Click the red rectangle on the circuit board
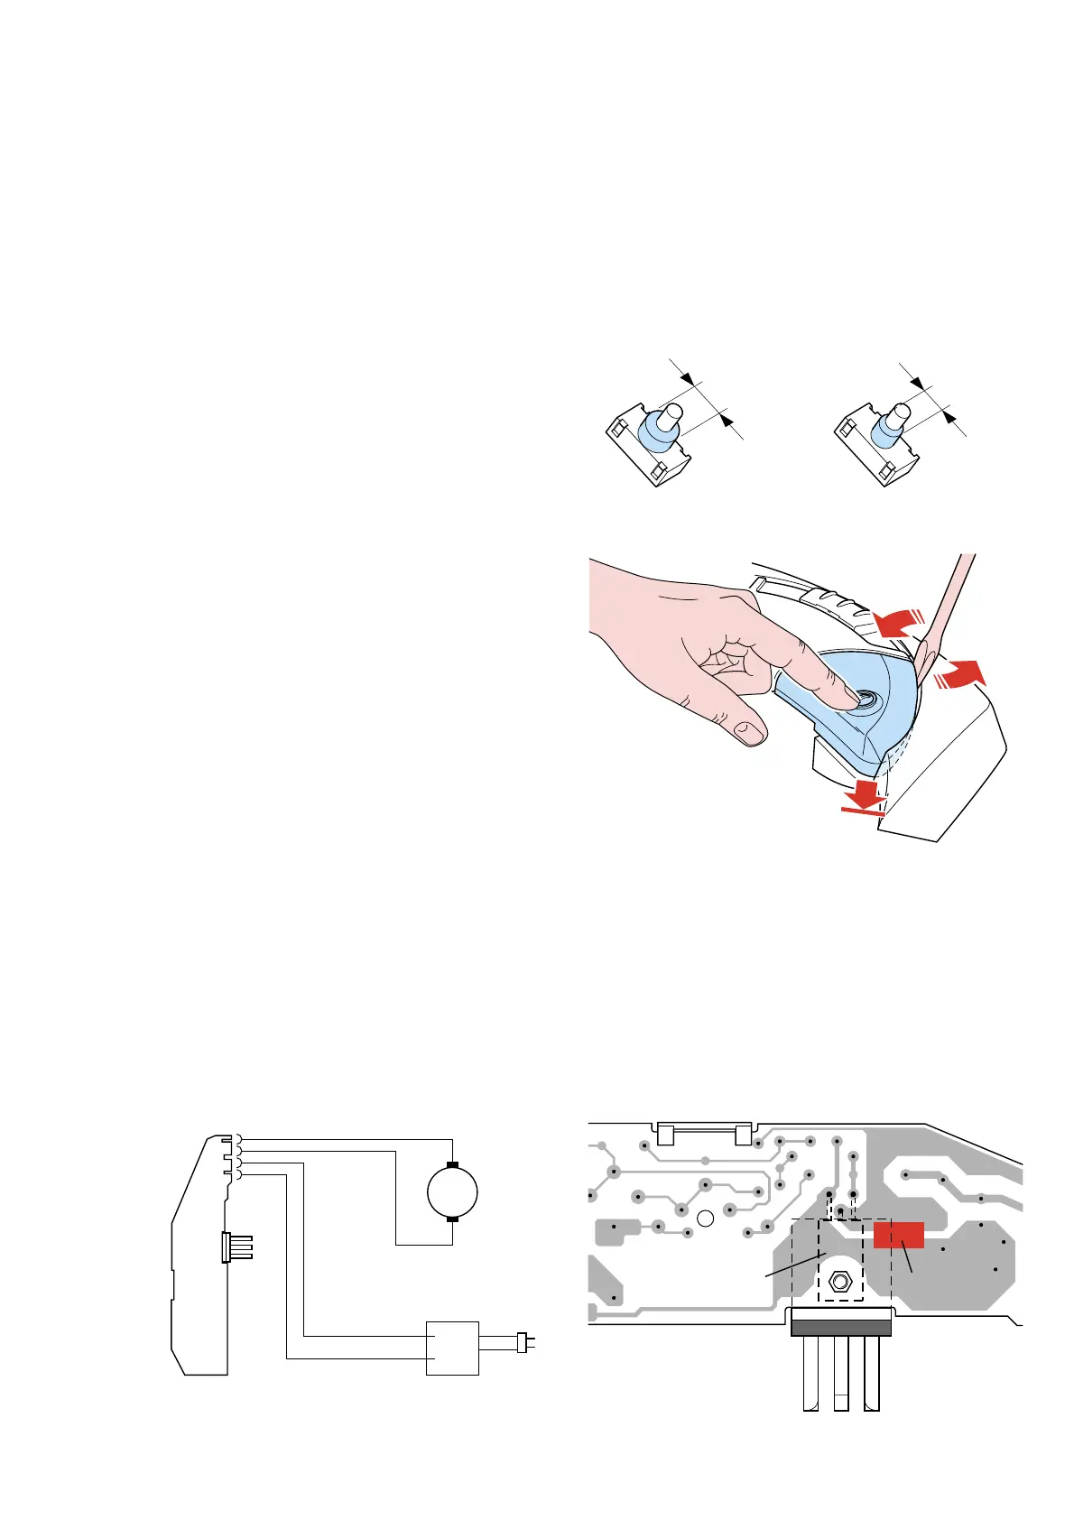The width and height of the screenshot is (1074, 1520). coord(898,1235)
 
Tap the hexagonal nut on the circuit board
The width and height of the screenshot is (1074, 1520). coord(840,1281)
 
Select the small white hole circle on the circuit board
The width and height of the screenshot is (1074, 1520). coord(707,1219)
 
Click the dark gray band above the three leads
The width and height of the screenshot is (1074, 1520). coord(840,1326)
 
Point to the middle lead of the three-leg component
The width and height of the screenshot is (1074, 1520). coord(840,1372)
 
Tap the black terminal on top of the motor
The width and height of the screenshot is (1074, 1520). coord(452,1165)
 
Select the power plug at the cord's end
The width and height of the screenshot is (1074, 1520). coord(523,1342)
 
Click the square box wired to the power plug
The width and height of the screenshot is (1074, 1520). coord(452,1348)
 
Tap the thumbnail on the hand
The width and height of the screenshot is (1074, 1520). coord(748,730)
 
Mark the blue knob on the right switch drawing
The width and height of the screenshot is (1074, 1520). coord(885,431)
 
